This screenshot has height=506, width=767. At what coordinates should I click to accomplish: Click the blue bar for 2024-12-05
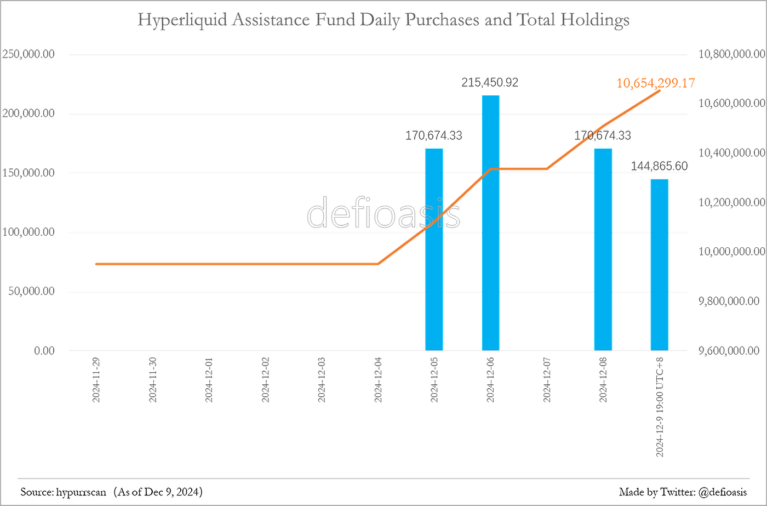(434, 249)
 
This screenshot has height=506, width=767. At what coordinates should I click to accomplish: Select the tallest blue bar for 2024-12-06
(491, 223)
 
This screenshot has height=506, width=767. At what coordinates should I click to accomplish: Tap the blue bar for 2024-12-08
(603, 249)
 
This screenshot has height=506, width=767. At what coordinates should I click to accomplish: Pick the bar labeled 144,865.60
(660, 265)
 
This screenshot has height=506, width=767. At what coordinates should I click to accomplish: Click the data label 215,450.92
(490, 83)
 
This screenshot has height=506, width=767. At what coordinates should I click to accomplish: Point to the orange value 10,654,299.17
(656, 83)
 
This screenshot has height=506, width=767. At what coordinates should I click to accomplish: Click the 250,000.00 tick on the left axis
(28, 54)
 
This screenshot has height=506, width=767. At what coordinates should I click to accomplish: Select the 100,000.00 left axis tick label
(28, 232)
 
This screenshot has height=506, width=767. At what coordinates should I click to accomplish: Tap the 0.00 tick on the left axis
(44, 351)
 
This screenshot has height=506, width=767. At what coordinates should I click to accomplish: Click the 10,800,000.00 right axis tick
(732, 54)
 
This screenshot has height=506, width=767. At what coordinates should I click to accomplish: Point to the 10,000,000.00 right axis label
(732, 252)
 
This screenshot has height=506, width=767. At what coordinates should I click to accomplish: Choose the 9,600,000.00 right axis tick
(729, 350)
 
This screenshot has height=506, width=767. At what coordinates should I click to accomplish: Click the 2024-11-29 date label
(96, 379)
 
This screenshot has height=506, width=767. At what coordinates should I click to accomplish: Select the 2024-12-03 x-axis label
(321, 379)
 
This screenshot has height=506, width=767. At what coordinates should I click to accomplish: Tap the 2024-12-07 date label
(547, 379)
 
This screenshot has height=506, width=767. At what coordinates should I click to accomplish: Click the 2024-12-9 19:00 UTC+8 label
(660, 407)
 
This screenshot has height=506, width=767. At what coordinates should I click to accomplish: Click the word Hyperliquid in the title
(182, 20)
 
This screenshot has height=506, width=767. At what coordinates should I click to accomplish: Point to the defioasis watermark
(383, 213)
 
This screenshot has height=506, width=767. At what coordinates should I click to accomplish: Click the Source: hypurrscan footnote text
(63, 492)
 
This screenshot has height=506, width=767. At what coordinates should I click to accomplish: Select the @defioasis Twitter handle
(723, 492)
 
